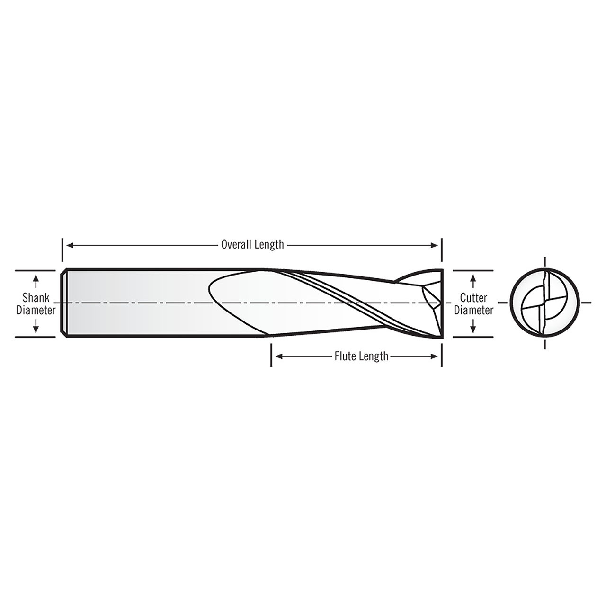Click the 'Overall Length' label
pyautogui.click(x=252, y=244)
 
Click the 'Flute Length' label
pyautogui.click(x=361, y=356)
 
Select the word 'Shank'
pyautogui.click(x=36, y=298)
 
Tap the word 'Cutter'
pyautogui.click(x=473, y=298)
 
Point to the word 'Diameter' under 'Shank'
pyautogui.click(x=36, y=310)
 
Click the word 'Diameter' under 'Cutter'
pyautogui.click(x=473, y=310)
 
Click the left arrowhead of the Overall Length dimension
pyautogui.click(x=69, y=245)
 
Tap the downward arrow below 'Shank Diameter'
pyautogui.click(x=36, y=327)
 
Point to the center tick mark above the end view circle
pyautogui.click(x=544, y=262)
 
